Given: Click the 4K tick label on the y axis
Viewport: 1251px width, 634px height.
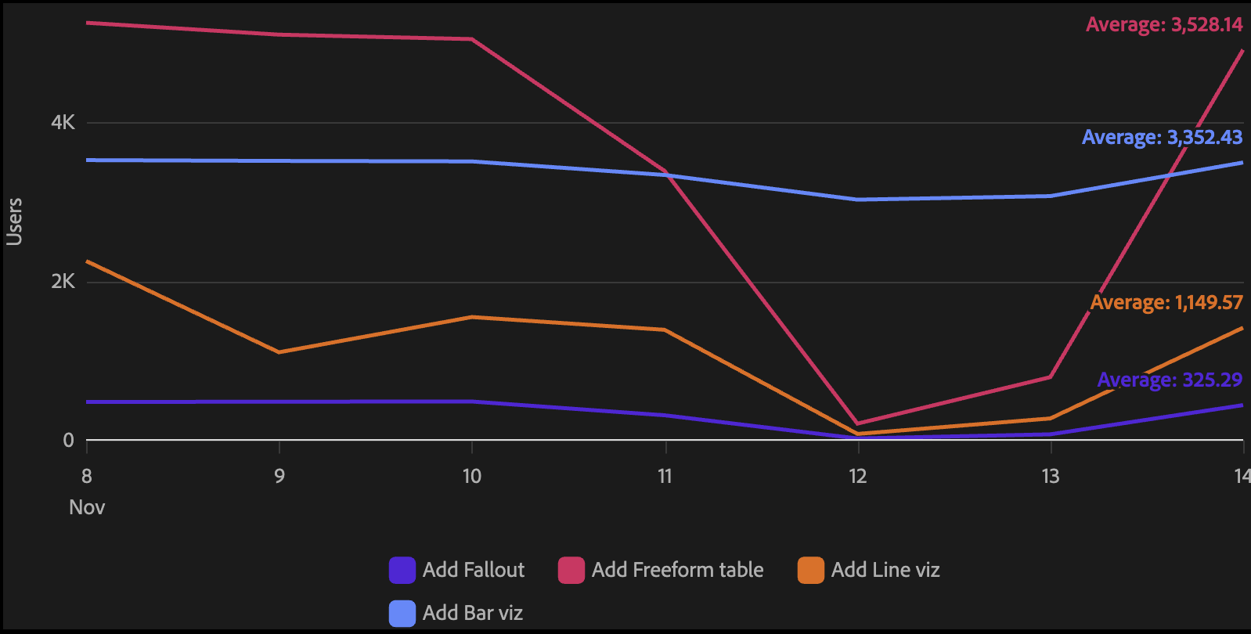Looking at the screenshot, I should pos(63,122).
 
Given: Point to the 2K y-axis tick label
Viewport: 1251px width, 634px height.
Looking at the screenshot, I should pos(63,282).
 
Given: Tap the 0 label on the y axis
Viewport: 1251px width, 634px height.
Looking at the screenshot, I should pos(68,441).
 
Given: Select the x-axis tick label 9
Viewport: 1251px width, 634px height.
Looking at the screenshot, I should pos(279,476).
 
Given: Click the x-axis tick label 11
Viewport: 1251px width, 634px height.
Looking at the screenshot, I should pos(665,476).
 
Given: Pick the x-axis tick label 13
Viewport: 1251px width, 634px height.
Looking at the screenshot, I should pos(1051,476).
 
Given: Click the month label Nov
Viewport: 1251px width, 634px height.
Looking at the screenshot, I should pos(87,507).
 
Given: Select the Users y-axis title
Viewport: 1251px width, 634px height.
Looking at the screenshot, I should pos(14,222).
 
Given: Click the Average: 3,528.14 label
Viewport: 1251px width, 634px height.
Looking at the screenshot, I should pos(1163,25).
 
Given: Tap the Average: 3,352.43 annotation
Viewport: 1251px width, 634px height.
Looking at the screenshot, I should pos(1162,138).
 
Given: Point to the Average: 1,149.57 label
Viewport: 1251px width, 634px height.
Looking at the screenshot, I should pos(1166,302).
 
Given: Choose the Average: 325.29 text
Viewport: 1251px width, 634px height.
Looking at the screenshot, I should pos(1170,380).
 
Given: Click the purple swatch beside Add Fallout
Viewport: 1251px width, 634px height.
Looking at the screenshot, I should pos(402,570).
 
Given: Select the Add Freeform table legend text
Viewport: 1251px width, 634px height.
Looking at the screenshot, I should pos(677,570).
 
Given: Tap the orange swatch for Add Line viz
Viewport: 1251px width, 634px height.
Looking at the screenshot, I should pos(811,570).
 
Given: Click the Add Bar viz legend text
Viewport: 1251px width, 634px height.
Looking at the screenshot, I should pos(472,613).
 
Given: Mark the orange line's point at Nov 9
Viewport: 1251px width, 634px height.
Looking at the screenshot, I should pos(279,352).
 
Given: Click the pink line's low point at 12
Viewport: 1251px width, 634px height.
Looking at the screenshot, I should pos(858,423).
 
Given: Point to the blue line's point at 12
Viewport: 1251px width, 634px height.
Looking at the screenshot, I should pos(858,200).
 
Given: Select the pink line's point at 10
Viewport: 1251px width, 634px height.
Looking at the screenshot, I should pos(472,39).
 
